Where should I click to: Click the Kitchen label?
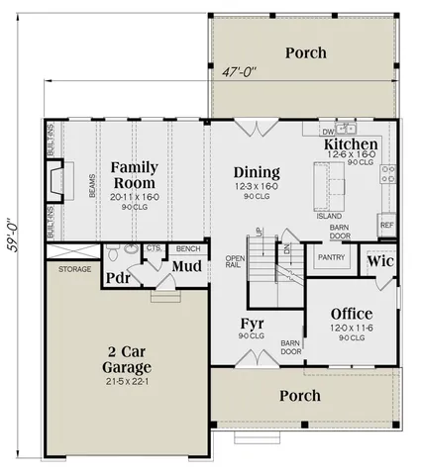click(x=352, y=146)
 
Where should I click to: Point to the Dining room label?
click(x=256, y=172)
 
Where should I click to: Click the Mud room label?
click(x=187, y=266)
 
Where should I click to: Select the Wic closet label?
click(x=380, y=263)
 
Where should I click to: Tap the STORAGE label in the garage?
click(x=74, y=268)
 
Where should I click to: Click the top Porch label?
click(x=306, y=51)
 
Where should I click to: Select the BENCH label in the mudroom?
click(x=185, y=248)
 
